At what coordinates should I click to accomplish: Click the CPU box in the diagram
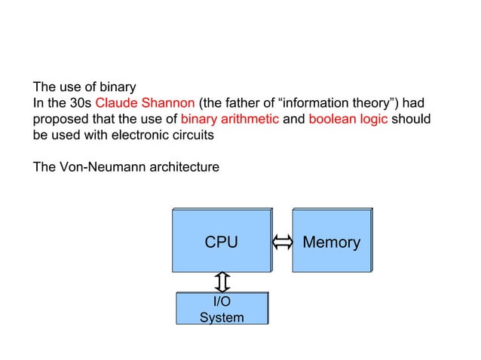(x=221, y=241)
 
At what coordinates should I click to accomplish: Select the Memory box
(x=331, y=241)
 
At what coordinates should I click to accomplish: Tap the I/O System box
(x=222, y=309)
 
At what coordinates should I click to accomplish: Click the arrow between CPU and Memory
(x=281, y=242)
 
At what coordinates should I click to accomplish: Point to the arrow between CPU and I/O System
(x=222, y=282)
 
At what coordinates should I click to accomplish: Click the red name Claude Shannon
(x=146, y=103)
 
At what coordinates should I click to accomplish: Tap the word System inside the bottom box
(x=222, y=317)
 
